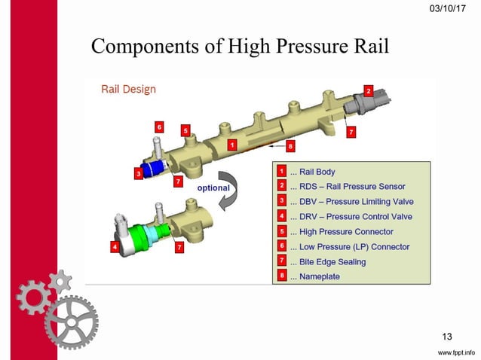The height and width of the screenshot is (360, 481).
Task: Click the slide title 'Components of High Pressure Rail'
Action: (x=240, y=46)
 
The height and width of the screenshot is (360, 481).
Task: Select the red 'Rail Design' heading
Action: (x=128, y=90)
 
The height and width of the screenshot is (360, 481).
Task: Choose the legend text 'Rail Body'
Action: (x=317, y=172)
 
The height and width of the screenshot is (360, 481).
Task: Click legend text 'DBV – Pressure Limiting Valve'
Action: (x=356, y=202)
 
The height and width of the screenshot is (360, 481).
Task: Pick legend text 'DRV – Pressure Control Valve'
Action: (x=355, y=217)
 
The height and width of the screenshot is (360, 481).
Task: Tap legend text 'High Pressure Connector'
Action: (x=346, y=232)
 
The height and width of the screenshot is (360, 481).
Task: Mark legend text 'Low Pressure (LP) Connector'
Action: (x=354, y=247)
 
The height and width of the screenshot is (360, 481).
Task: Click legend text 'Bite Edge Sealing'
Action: (x=332, y=262)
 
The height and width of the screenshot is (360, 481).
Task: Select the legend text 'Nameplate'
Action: (x=319, y=277)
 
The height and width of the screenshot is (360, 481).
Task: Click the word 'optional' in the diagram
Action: (x=213, y=188)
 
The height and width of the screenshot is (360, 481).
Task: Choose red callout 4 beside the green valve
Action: (x=113, y=246)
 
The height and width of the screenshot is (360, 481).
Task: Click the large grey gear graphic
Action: (x=71, y=321)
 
